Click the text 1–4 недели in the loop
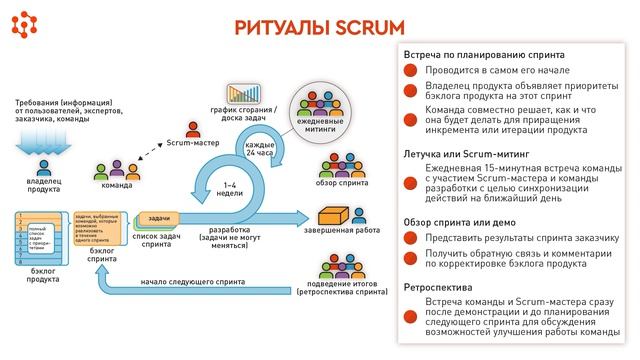(231, 190)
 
